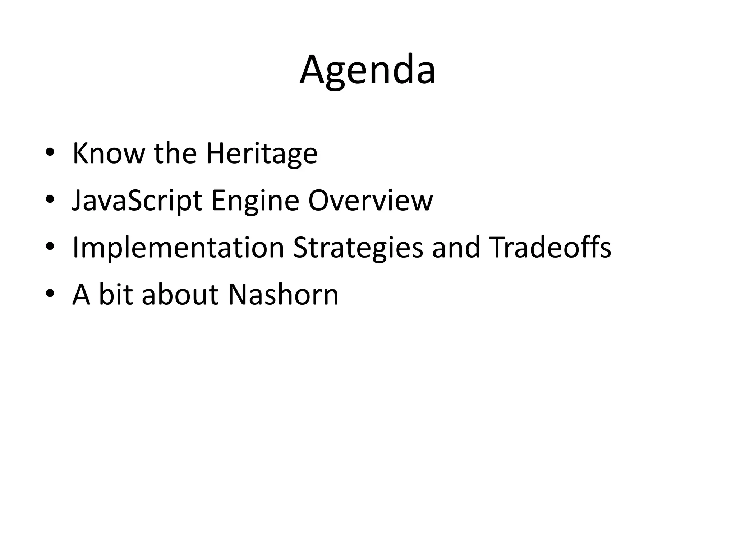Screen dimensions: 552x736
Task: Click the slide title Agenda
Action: [368, 70]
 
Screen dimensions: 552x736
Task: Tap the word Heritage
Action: [262, 153]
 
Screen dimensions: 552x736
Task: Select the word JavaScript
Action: [137, 201]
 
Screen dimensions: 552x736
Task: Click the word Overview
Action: [371, 201]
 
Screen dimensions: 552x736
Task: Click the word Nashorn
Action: [283, 295]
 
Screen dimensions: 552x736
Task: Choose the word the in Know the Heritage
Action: [175, 153]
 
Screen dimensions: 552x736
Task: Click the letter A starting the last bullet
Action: [81, 295]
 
